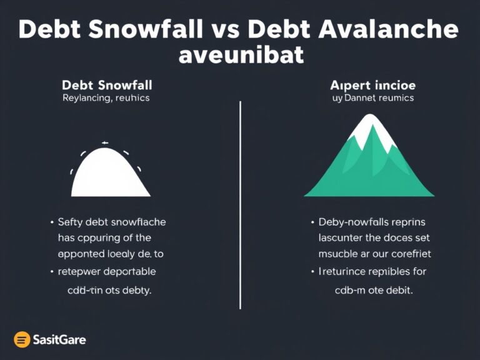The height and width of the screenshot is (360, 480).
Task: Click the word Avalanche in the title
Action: [x=386, y=30]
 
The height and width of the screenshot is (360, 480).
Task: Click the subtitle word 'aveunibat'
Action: [x=241, y=56]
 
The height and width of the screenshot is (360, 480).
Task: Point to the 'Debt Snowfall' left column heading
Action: [x=107, y=84]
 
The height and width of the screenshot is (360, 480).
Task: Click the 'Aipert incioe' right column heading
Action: [x=373, y=84]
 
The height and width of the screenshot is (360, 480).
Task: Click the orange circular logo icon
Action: [x=22, y=339]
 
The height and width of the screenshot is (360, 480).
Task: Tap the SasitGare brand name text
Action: [x=59, y=340]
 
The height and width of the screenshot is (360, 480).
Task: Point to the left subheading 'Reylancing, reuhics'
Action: [x=106, y=98]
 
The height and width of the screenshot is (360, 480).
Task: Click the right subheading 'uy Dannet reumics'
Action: [x=372, y=98]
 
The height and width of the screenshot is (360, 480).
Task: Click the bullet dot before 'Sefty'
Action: [x=51, y=222]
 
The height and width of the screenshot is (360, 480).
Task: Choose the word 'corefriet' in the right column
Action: [x=406, y=254]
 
